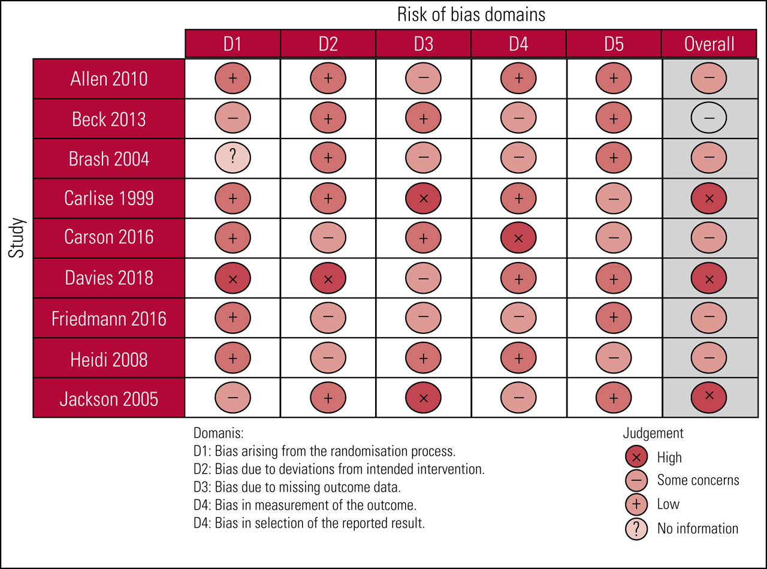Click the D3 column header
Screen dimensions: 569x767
tap(423, 44)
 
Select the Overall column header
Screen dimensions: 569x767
tap(709, 44)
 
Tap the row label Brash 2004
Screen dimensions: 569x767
tap(109, 159)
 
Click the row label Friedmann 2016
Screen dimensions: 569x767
tap(109, 318)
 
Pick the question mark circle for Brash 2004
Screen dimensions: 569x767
tap(232, 158)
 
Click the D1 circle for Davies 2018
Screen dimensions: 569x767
tap(232, 278)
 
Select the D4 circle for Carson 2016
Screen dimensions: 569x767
tap(518, 238)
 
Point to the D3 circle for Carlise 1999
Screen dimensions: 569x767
tap(423, 198)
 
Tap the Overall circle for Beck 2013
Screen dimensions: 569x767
tap(709, 119)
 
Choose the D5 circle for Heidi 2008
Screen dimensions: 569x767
tap(614, 357)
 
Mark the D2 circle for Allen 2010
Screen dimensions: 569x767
tap(328, 79)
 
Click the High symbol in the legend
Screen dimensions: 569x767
tap(636, 457)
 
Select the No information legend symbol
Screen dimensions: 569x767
tap(636, 528)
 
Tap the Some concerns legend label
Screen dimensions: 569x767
tap(698, 480)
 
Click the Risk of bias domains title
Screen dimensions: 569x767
tap(472, 14)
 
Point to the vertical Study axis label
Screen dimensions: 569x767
tap(17, 238)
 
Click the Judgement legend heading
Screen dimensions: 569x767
tap(653, 433)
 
